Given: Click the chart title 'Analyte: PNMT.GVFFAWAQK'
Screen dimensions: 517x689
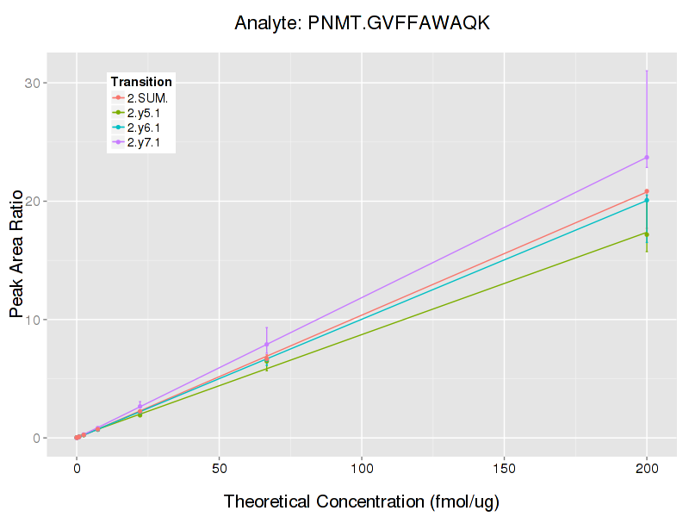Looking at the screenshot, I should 362,23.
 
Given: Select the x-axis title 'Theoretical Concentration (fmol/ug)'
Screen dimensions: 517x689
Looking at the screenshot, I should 362,501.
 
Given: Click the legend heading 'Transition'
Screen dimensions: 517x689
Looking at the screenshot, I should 141,82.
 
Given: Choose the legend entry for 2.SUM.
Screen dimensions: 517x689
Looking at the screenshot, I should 146,97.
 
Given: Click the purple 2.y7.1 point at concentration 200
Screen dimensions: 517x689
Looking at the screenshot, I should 647,158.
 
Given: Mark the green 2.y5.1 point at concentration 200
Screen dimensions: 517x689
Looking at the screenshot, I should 647,234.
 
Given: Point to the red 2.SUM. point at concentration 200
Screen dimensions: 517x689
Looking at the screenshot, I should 647,191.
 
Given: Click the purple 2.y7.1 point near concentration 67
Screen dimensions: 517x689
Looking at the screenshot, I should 267,345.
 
